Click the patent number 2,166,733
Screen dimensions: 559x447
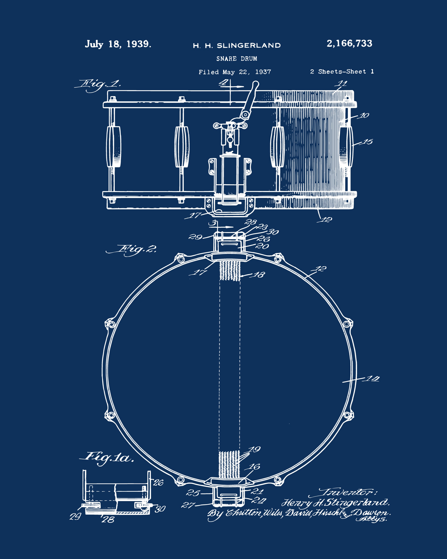click(x=349, y=43)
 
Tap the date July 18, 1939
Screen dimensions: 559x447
click(x=118, y=44)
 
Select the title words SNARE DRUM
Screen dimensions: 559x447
click(x=237, y=59)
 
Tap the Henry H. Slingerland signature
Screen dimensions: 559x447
click(x=336, y=503)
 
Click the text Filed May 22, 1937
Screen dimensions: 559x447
click(x=235, y=72)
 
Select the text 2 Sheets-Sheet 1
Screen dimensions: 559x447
click(x=342, y=72)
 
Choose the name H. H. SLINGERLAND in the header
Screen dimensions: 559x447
click(x=237, y=46)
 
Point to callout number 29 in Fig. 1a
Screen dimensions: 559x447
click(x=75, y=517)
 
